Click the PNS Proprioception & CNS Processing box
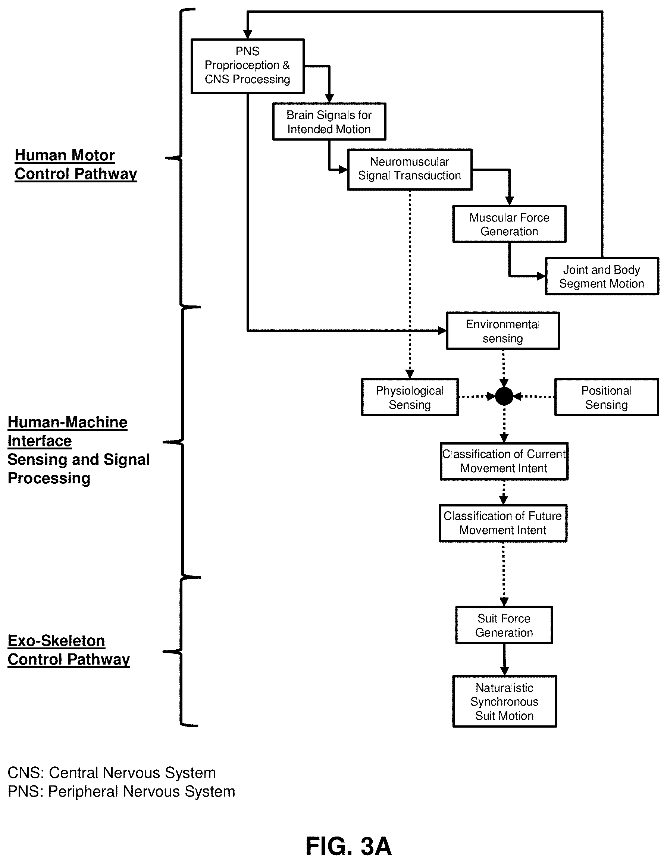coord(247,66)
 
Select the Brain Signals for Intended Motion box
coord(329,122)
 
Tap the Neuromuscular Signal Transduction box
coord(410,170)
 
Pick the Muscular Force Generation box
coord(509,224)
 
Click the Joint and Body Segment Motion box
coord(602,276)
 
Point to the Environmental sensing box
coord(503,331)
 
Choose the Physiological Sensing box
coord(410,397)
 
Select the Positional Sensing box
coord(607,397)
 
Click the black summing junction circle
coord(504,396)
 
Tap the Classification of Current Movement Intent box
coord(504,461)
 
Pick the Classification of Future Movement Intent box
coord(503,523)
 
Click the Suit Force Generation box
coord(504,625)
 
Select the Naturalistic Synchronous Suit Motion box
coord(505,702)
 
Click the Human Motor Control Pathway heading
coord(76,164)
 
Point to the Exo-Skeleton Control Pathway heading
coord(69,650)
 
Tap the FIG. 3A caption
coord(348,846)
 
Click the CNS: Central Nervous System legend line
coord(112,772)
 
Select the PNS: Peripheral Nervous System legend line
coord(121,791)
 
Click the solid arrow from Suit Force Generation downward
coord(504,659)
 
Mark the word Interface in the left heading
coord(40,440)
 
